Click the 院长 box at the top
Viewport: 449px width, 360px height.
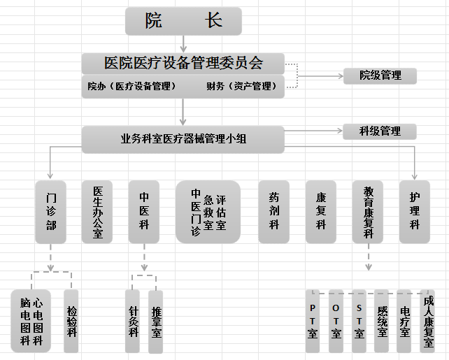coord(183,21)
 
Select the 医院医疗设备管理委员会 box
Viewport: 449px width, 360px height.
coord(183,63)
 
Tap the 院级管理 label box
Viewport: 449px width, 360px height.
coord(380,75)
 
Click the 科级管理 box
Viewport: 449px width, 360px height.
coord(380,131)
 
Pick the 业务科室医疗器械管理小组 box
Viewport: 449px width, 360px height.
coord(183,139)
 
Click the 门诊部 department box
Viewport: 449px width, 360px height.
coord(50,212)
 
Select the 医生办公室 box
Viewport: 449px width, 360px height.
coord(97,212)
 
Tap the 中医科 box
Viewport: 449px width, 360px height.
coord(144,212)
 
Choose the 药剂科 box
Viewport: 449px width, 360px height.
coord(274,212)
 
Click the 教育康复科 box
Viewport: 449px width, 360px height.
coord(368,212)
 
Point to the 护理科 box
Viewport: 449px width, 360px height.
coord(415,212)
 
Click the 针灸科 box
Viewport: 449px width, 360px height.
coord(133,321)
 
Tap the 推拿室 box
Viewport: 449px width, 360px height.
coord(156,321)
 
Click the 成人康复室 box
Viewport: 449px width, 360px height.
coord(427,321)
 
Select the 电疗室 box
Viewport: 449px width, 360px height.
coord(404,321)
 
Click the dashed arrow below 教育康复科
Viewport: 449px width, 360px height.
coord(368,260)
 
